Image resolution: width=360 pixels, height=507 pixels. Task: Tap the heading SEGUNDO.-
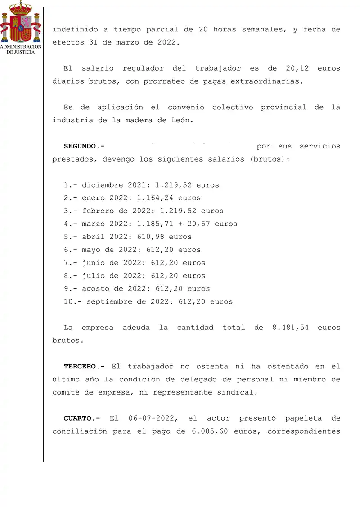click(84, 146)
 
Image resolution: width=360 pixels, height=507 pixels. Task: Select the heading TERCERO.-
click(84, 366)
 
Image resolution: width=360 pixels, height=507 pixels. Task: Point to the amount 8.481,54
click(290, 328)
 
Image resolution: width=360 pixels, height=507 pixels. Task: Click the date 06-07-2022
click(152, 418)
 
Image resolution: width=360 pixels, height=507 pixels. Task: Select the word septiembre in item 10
click(109, 301)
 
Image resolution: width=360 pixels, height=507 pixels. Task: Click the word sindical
click(239, 392)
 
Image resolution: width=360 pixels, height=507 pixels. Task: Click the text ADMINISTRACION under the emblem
click(21, 47)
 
